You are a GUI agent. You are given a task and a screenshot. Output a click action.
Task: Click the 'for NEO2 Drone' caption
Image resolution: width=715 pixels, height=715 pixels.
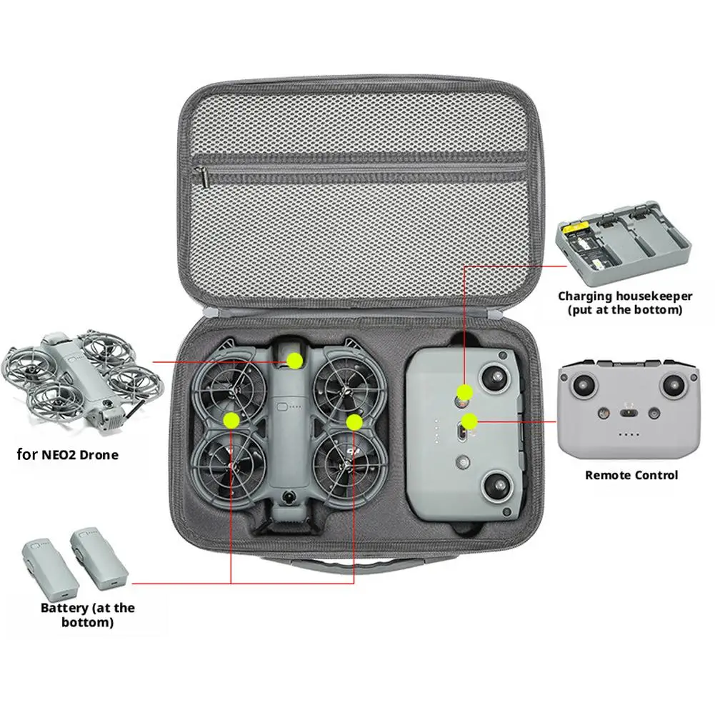68,454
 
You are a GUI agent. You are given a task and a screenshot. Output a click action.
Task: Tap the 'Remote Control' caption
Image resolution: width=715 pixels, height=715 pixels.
631,474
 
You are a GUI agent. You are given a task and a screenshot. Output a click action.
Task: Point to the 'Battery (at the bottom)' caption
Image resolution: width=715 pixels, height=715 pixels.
87,615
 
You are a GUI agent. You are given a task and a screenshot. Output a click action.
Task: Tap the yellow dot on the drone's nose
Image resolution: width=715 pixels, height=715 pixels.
294,361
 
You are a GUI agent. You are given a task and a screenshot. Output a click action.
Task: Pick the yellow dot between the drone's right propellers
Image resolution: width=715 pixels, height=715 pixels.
354,421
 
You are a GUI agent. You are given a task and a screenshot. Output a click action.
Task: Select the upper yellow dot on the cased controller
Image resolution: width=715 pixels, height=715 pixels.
465,391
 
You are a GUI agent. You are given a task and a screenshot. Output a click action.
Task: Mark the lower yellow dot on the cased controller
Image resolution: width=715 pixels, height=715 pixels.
469,421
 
